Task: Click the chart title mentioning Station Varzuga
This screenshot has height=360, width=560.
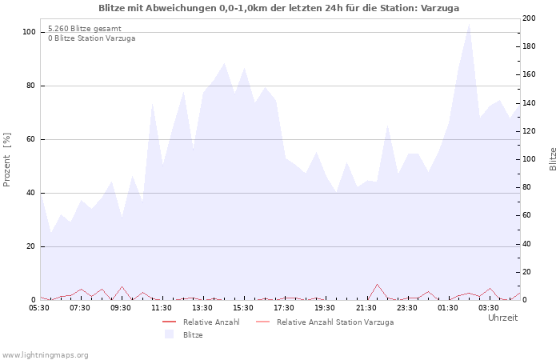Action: click(x=279, y=8)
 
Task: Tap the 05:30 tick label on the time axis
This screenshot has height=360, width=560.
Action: click(x=40, y=307)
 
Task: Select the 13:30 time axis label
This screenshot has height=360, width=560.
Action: click(x=202, y=307)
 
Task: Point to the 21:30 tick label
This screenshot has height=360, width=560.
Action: click(x=366, y=307)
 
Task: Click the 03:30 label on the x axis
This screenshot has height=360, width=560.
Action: click(x=489, y=307)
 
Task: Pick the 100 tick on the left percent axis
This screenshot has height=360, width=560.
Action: click(x=30, y=32)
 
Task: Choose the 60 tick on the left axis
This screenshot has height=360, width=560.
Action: click(x=31, y=139)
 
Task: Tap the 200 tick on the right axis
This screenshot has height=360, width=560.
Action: click(x=530, y=18)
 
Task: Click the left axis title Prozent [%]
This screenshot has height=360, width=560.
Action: click(x=7, y=160)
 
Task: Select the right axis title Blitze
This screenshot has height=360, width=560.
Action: click(x=553, y=158)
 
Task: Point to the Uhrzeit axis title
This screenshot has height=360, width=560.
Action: click(x=502, y=318)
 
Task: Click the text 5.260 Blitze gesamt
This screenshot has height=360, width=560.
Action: click(x=85, y=29)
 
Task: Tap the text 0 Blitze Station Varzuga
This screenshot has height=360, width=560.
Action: click(x=91, y=38)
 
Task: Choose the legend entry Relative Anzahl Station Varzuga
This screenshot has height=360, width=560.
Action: click(x=335, y=322)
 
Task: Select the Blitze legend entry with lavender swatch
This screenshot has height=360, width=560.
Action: click(x=192, y=335)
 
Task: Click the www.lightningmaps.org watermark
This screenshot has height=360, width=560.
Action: click(x=46, y=355)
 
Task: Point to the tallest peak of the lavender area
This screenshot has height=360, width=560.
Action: click(x=469, y=23)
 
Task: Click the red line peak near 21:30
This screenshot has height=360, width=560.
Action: click(x=377, y=284)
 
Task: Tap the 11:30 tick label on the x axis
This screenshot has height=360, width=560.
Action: click(x=162, y=307)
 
